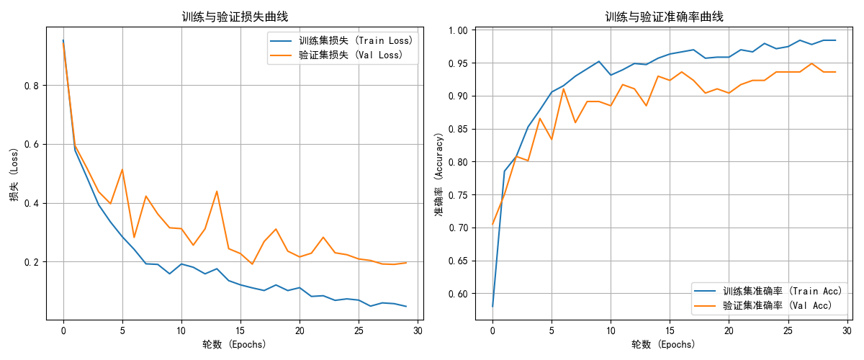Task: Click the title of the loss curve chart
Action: pos(235,17)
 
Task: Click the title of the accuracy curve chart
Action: pos(664,17)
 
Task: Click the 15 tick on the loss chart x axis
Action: pos(240,330)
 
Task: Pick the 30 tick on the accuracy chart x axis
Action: pos(847,330)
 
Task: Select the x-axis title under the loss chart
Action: pos(235,344)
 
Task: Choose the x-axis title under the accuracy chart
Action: pos(664,344)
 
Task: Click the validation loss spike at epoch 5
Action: pos(122,170)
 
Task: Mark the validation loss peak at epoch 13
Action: pos(217,192)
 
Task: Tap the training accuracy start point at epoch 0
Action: pos(492,307)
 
